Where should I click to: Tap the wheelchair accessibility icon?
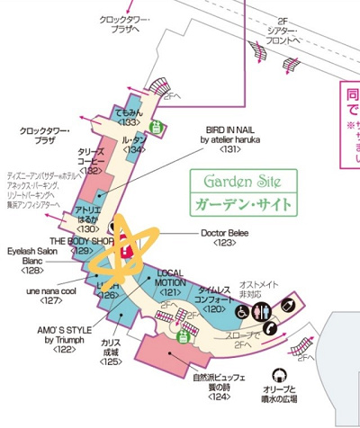242,311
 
